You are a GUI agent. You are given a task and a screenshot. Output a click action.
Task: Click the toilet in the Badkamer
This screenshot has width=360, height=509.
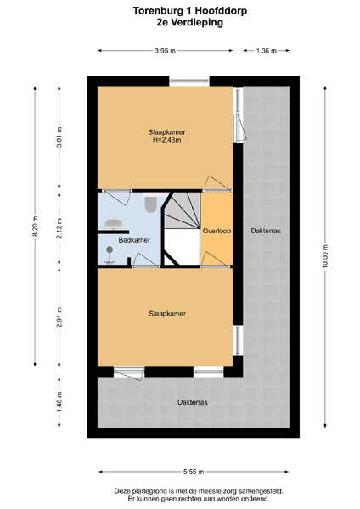[151, 204]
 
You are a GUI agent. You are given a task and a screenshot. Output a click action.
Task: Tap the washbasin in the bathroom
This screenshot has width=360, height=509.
[113, 224]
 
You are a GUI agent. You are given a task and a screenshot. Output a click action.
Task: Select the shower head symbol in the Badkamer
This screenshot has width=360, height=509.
[110, 249]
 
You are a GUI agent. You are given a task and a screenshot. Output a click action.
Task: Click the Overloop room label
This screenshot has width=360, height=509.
[217, 231]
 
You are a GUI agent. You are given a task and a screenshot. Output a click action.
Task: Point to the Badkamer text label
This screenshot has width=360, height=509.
[134, 240]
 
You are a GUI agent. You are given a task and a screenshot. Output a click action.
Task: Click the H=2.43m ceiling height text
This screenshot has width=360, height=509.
[166, 140]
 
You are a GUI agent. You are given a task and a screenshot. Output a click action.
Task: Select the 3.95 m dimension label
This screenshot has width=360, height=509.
[165, 51]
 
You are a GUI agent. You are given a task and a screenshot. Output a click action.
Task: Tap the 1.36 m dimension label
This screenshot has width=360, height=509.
[267, 51]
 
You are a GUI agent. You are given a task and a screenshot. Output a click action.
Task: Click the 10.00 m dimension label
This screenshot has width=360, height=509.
[325, 256]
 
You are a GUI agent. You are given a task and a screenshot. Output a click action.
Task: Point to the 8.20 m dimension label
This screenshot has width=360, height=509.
[36, 227]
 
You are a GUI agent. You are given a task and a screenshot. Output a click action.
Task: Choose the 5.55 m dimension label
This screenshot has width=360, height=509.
[194, 472]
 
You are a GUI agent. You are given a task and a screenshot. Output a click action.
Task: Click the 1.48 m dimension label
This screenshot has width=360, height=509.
[59, 402]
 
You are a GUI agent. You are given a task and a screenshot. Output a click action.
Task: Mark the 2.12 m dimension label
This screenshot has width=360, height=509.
[59, 228]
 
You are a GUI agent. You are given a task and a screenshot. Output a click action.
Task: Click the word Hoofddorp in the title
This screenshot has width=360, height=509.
[220, 11]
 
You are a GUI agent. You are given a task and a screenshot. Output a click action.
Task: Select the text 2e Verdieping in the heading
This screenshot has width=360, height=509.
[189, 22]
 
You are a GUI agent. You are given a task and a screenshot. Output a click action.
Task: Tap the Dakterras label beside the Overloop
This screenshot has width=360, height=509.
[266, 231]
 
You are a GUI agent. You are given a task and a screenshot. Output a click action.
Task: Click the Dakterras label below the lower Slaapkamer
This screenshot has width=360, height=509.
[193, 402]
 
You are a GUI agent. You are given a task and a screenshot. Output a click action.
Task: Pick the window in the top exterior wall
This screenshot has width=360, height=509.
[189, 81]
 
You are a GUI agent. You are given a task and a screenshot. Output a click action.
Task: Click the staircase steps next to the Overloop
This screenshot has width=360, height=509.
[183, 210]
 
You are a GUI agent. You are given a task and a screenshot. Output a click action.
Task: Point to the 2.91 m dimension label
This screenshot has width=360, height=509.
[59, 317]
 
